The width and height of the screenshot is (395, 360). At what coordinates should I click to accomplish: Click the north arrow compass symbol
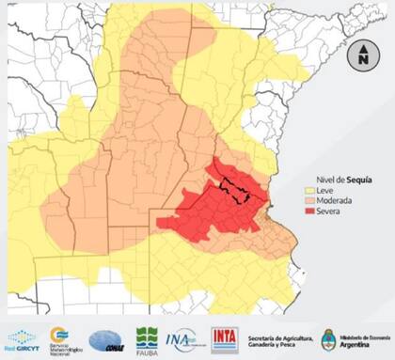click(361, 55)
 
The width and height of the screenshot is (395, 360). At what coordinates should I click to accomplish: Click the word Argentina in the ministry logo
click(362, 345)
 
